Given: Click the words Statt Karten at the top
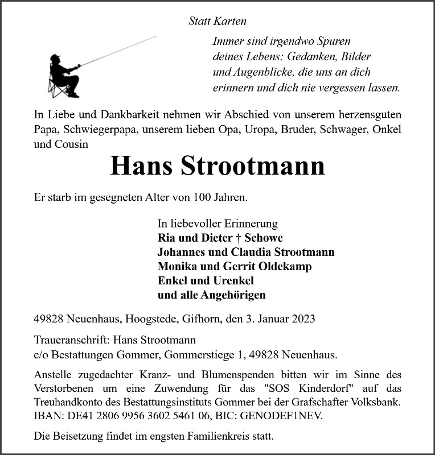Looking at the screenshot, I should tap(217, 21).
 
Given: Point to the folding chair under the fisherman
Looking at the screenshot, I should tap(57, 89).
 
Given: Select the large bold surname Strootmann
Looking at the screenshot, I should tap(253, 166).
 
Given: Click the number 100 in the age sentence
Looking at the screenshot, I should tap(203, 198).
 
